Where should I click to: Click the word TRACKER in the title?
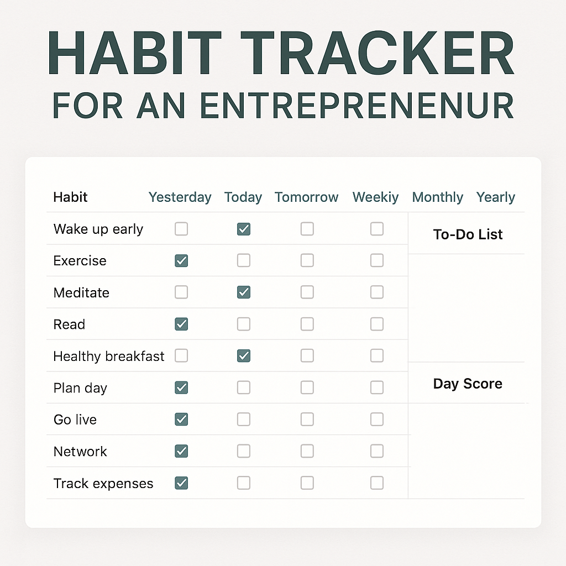pyautogui.click(x=377, y=53)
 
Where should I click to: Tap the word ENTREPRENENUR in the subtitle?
pyautogui.click(x=357, y=106)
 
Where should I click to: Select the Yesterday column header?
pyautogui.click(x=180, y=197)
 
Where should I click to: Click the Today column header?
pyautogui.click(x=243, y=197)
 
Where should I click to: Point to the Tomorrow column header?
pyautogui.click(x=306, y=197)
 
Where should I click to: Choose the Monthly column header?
pyautogui.click(x=438, y=197)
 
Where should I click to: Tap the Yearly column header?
pyautogui.click(x=496, y=197)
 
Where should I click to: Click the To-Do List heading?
pyautogui.click(x=468, y=234)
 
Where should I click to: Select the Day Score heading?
pyautogui.click(x=468, y=384)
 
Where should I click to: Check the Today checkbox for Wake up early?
pyautogui.click(x=244, y=229)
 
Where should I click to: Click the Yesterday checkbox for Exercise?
pyautogui.click(x=181, y=261)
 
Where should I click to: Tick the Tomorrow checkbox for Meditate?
pyautogui.click(x=307, y=292)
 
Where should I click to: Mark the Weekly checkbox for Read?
pyautogui.click(x=377, y=324)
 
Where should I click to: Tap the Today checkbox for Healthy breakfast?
pyautogui.click(x=244, y=355)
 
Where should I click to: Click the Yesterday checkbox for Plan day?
pyautogui.click(x=181, y=387)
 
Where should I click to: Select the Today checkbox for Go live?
pyautogui.click(x=244, y=419)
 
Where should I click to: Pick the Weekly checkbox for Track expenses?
pyautogui.click(x=377, y=483)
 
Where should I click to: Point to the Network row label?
pyautogui.click(x=80, y=452)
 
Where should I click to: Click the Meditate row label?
pyautogui.click(x=81, y=293)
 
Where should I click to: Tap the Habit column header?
pyautogui.click(x=70, y=197)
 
